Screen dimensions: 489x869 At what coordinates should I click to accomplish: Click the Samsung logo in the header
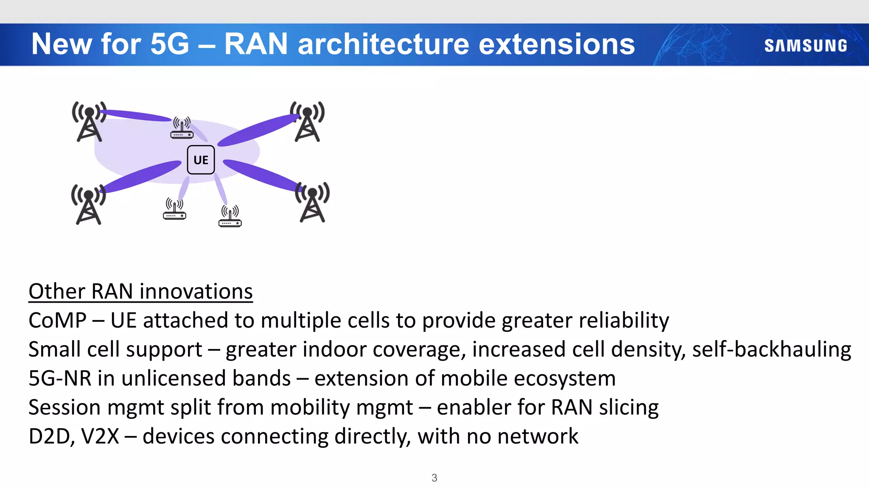(x=805, y=45)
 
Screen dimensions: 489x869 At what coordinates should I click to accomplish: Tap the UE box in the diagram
(x=201, y=160)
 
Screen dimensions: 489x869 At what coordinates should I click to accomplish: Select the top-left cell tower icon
(x=89, y=122)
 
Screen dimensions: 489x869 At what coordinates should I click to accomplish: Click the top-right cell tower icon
(x=307, y=122)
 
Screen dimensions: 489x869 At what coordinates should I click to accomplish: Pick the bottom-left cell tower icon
(x=88, y=205)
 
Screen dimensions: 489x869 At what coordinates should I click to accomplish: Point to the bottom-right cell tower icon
(x=312, y=202)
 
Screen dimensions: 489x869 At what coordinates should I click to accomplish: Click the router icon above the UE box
(x=182, y=128)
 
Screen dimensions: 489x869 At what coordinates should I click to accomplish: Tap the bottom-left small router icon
(x=174, y=209)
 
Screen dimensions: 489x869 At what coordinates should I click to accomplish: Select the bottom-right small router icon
(x=230, y=216)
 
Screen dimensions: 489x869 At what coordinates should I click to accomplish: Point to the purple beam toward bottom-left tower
(x=142, y=176)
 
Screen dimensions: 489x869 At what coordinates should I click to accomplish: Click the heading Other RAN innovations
(x=140, y=292)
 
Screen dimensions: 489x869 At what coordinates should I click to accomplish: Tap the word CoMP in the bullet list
(x=57, y=320)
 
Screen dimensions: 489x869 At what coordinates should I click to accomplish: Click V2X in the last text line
(x=100, y=436)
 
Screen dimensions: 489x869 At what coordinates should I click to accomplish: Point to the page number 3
(x=434, y=478)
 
